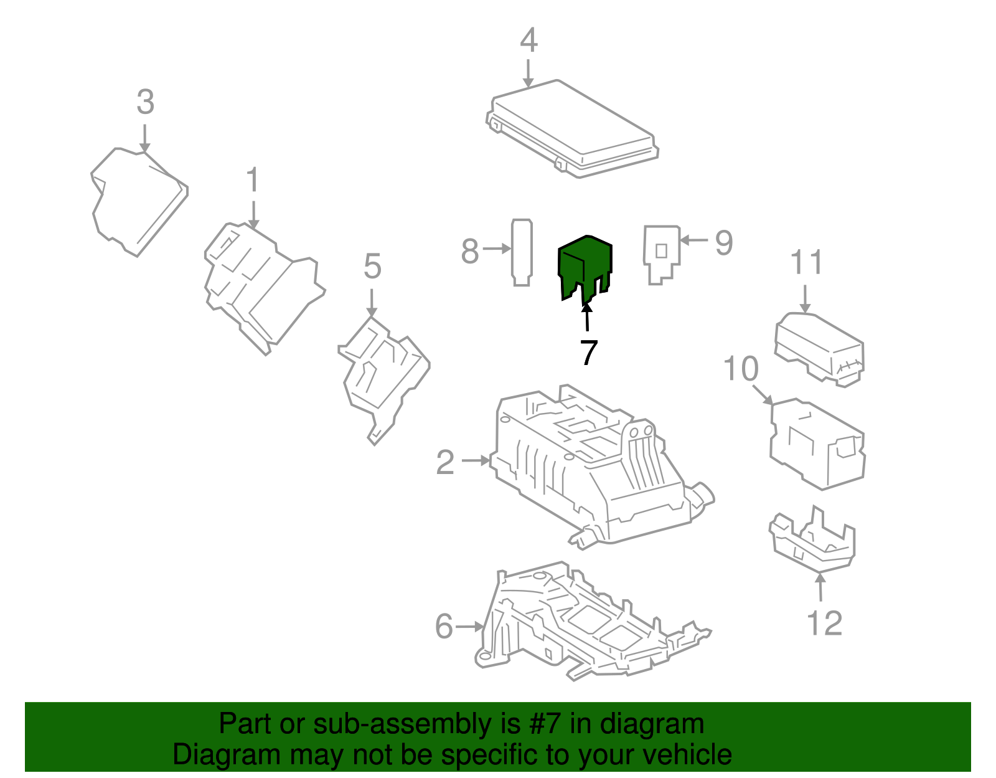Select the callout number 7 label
588,353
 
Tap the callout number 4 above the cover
529,41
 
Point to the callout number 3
145,102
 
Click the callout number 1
252,181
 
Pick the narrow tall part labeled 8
522,252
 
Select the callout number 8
470,251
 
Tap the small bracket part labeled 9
660,253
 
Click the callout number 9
723,242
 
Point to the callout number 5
372,267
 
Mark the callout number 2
445,463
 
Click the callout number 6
444,626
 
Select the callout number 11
807,263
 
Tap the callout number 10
741,369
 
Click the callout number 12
824,623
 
